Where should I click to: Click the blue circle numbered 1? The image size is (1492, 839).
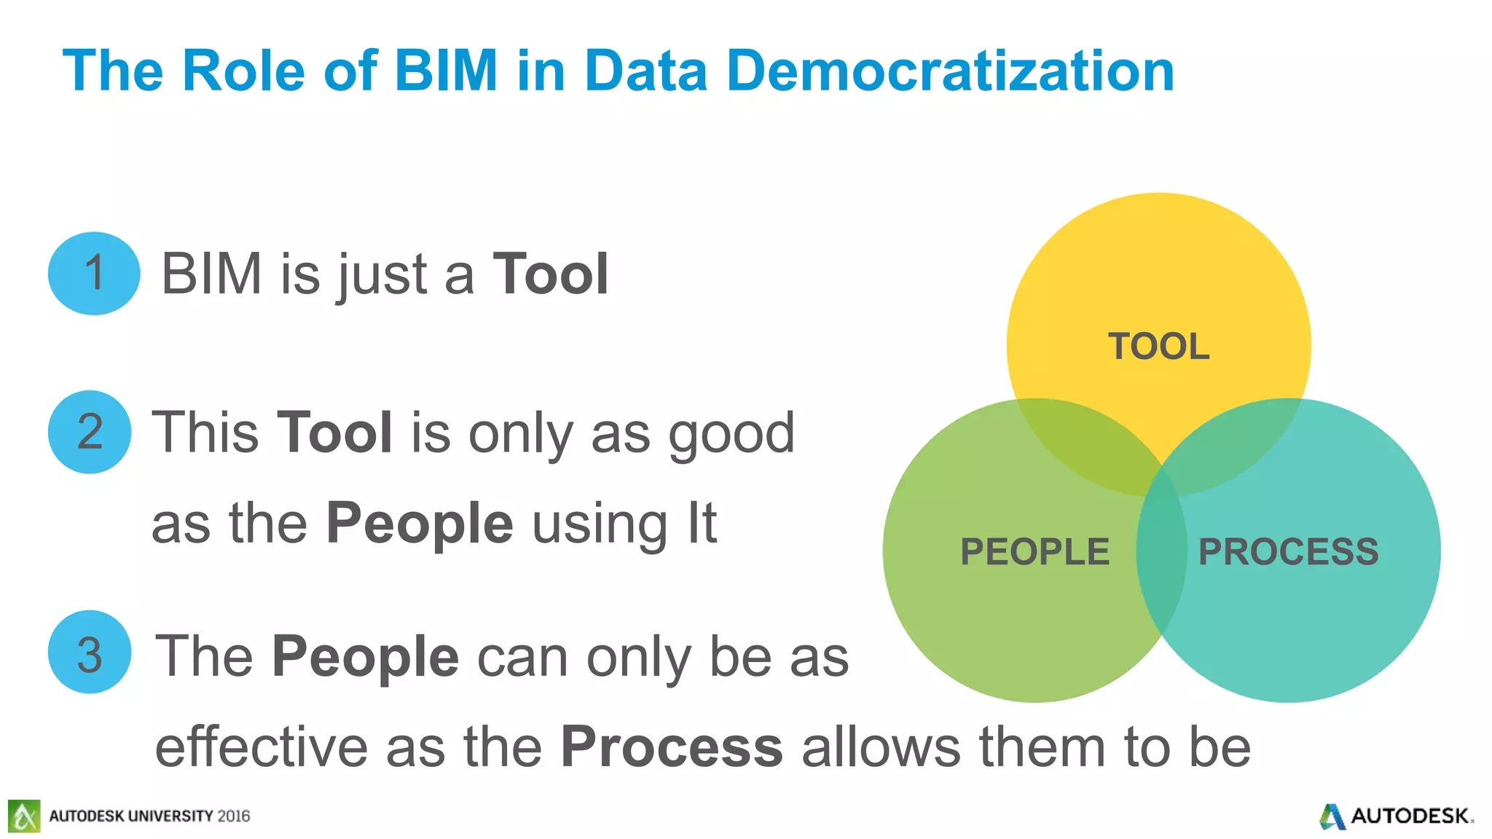pos(94,273)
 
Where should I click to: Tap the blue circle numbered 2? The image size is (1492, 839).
pos(90,432)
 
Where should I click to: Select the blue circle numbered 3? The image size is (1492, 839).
pos(90,653)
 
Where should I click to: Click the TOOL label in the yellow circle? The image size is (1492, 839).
pos(1158,347)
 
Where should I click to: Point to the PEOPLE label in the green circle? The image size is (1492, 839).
pos(1034,552)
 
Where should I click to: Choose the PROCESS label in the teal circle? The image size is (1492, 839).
pos(1288,552)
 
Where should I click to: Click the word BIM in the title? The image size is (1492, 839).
pos(446,71)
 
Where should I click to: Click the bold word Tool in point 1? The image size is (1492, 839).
pos(551,275)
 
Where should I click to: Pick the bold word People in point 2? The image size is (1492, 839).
pos(420,524)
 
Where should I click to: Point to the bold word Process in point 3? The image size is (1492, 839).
pos(672,747)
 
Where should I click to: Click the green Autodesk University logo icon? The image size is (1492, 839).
pos(24,816)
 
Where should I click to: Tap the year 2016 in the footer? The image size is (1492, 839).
pos(233,816)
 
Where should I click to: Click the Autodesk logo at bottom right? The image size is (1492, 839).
pos(1395,816)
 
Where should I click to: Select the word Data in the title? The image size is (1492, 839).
pos(645,71)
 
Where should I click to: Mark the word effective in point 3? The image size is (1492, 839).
pos(262,747)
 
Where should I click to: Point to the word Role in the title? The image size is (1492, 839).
pos(243,71)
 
